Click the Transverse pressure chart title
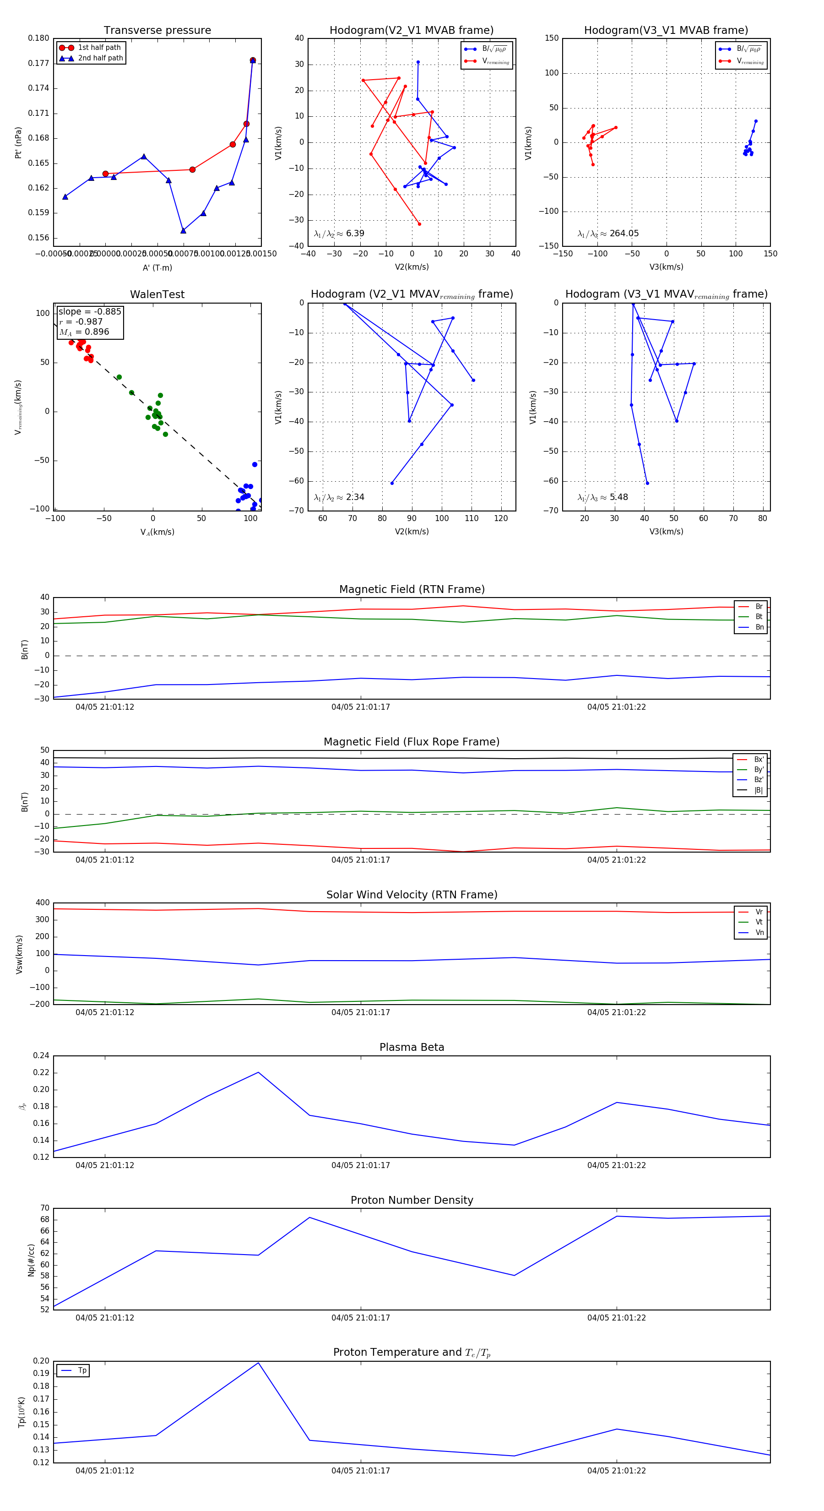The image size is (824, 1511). pyautogui.click(x=157, y=31)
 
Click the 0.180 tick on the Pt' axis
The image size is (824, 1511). pyautogui.click(x=39, y=38)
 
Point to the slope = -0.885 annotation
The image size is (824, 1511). pyautogui.click(x=90, y=311)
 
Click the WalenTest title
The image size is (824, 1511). pyautogui.click(x=157, y=294)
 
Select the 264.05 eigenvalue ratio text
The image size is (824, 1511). pyautogui.click(x=624, y=234)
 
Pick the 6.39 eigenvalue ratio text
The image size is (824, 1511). pyautogui.click(x=355, y=234)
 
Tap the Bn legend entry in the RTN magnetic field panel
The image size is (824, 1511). pyautogui.click(x=759, y=627)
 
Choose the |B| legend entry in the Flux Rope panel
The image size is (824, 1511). pyautogui.click(x=759, y=790)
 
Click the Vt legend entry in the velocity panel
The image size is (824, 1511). pyautogui.click(x=759, y=922)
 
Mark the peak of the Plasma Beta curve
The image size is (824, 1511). pyautogui.click(x=259, y=1072)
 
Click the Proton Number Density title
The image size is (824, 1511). pyautogui.click(x=412, y=1200)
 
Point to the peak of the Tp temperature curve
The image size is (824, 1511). pyautogui.click(x=259, y=1363)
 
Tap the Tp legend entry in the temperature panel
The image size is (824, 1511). pyautogui.click(x=81, y=1370)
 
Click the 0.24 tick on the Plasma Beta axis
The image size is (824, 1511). pyautogui.click(x=41, y=1055)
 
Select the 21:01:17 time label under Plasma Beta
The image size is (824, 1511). pyautogui.click(x=360, y=1165)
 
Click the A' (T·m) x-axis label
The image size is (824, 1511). pyautogui.click(x=157, y=267)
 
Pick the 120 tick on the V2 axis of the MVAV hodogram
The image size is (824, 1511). pyautogui.click(x=501, y=518)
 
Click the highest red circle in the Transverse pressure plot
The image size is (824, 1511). pyautogui.click(x=253, y=60)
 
